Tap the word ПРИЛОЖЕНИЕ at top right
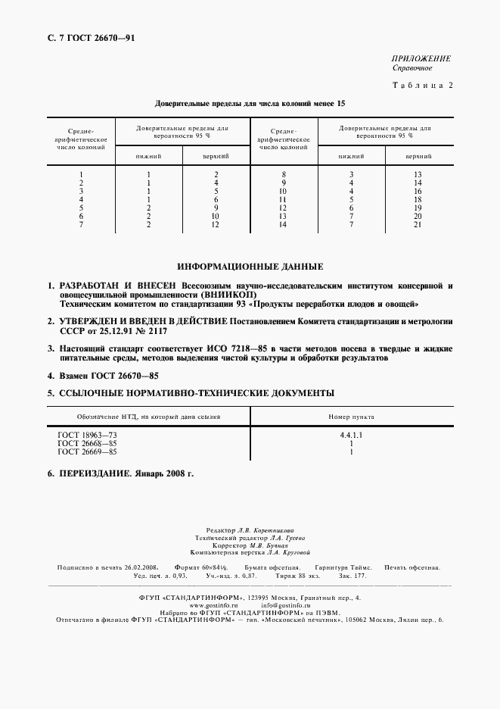click(422, 58)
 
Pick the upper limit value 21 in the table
click(418, 225)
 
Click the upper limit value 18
click(418, 200)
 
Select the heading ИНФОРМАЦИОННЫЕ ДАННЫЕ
click(250, 267)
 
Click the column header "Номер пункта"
click(351, 417)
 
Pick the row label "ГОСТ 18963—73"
click(88, 436)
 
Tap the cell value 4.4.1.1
click(351, 436)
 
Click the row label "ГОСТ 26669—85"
click(88, 452)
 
